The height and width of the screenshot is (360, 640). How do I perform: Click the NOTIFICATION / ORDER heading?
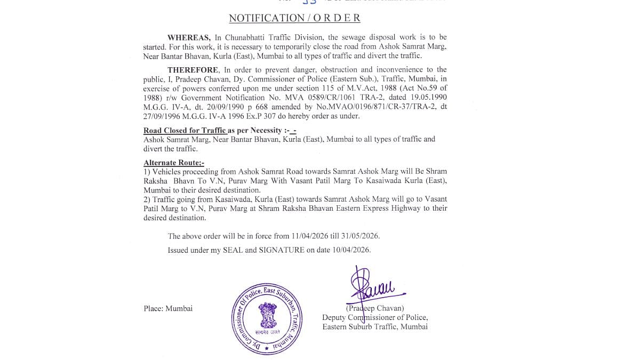coord(294,18)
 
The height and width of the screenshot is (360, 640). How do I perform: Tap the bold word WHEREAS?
coord(189,37)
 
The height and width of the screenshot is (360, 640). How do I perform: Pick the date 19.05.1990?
coord(428,98)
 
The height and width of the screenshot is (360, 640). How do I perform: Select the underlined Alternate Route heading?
coord(174,163)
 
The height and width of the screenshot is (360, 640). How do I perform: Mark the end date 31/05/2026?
coord(360,236)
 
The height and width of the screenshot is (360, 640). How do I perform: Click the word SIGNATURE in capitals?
coord(278,250)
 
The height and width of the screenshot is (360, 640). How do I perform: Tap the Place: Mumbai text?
coord(168,308)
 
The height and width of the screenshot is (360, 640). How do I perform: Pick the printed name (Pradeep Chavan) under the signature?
coord(374,308)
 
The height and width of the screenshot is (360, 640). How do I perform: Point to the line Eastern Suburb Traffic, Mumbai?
coord(374,326)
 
